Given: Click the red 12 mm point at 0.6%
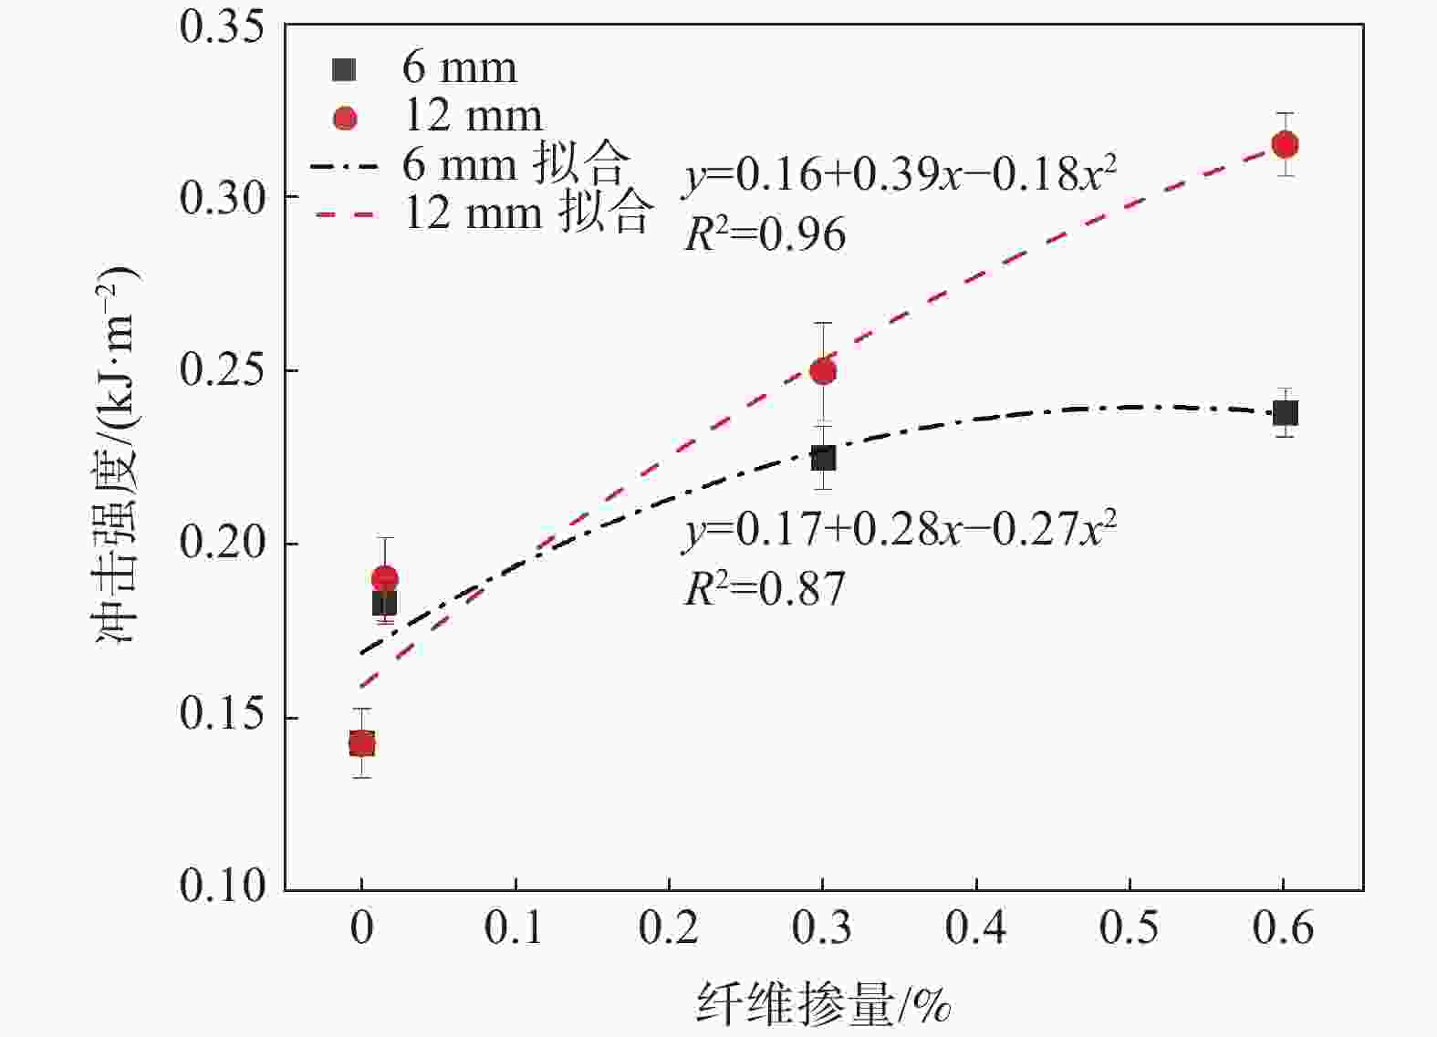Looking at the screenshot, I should [1285, 144].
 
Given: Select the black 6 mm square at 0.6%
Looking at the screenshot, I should [1285, 413].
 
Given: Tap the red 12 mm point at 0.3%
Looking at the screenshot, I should [823, 370].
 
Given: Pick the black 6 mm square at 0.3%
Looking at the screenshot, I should [823, 458].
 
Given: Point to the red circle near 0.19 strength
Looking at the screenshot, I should [385, 578].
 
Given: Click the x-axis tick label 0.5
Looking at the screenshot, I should [1130, 928].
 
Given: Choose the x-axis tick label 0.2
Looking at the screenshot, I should [669, 928].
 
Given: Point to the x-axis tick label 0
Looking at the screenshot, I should [362, 928].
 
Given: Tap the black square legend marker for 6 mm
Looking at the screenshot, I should [345, 68].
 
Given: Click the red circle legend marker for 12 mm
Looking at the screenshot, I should [345, 118].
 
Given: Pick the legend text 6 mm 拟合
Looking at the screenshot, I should [515, 165].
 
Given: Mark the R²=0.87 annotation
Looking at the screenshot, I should [765, 589].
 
